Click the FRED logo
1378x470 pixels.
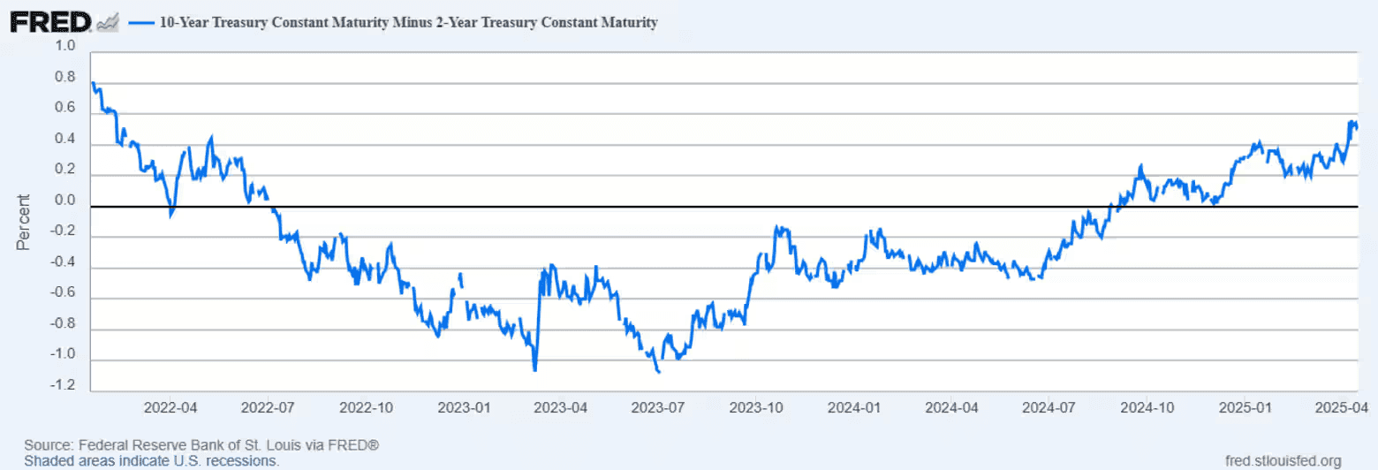point(50,22)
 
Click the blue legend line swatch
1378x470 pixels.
point(140,23)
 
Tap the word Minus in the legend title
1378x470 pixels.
point(426,23)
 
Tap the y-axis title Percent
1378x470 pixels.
point(24,222)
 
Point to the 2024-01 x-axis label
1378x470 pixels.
point(853,408)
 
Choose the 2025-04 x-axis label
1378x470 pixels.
point(1341,408)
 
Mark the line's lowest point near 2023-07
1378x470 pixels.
point(659,372)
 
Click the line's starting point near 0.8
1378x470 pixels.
point(93,83)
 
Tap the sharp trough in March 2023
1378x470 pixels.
point(535,370)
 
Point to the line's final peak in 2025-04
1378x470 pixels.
point(1351,122)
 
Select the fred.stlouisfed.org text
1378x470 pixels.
point(1283,460)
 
